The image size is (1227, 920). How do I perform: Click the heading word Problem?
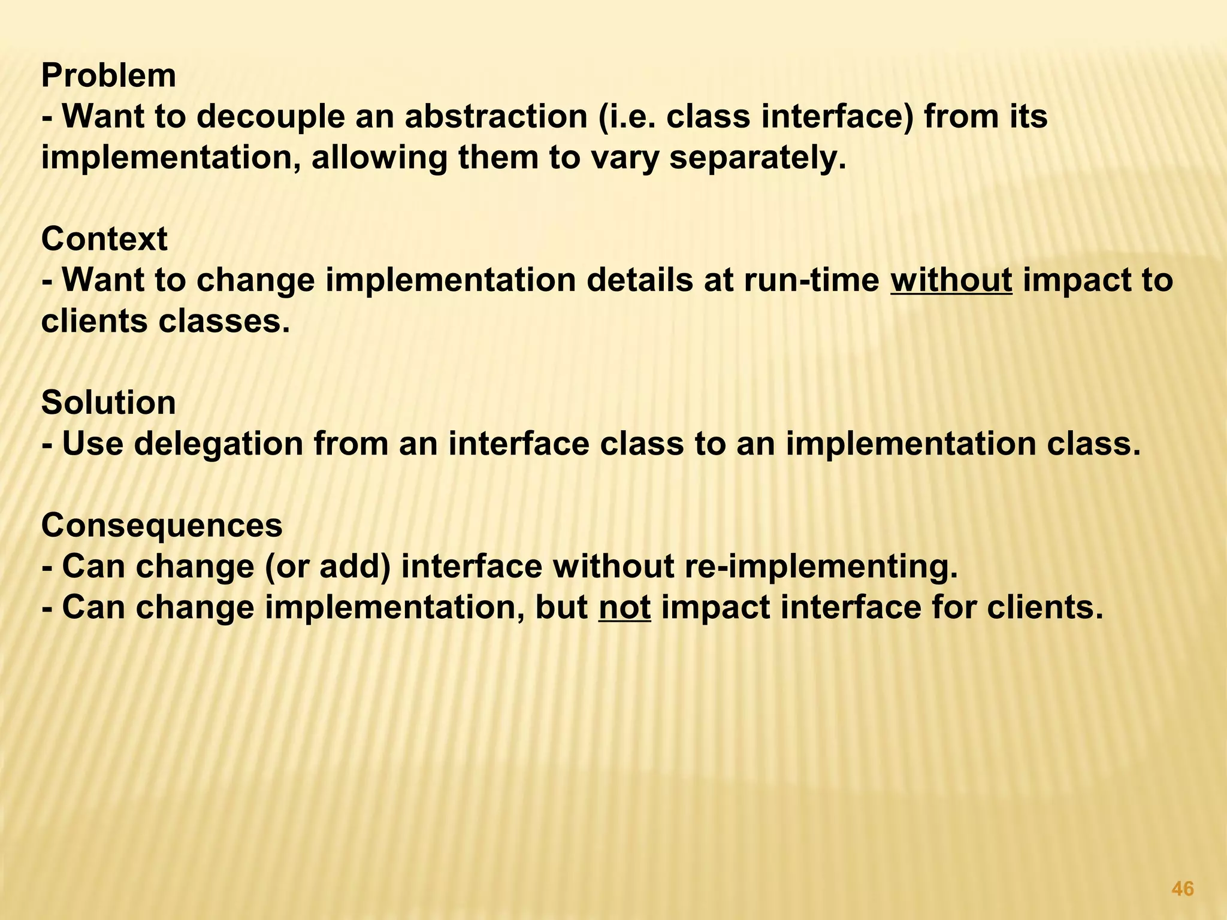point(108,76)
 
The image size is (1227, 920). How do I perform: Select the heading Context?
point(104,240)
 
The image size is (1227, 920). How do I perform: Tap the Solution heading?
point(108,403)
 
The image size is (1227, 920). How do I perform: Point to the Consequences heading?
point(162,526)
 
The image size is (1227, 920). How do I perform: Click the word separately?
point(757,158)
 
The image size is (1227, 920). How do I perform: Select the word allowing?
point(379,158)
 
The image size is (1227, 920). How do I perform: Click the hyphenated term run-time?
point(811,280)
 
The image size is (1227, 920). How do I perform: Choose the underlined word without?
point(951,280)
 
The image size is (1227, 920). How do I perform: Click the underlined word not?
point(624,608)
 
